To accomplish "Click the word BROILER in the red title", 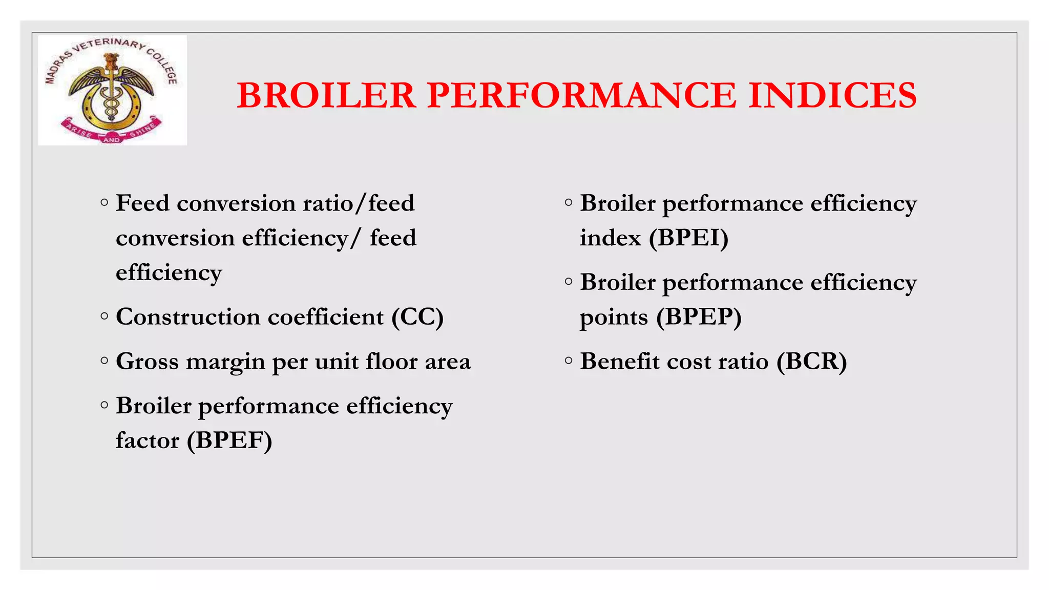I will coord(326,96).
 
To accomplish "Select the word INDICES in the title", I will coord(832,96).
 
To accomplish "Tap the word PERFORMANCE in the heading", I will coord(581,96).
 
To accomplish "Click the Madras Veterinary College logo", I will coord(112,90).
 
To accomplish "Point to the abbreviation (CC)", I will coord(417,317).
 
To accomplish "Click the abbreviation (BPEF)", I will coord(229,440).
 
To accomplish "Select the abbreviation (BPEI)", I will coord(688,238).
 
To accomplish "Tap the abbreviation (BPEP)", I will coord(699,317).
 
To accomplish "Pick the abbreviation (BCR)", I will coord(811,362).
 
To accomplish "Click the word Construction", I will coord(188,317).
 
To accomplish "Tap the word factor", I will coord(148,440).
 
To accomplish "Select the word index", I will coord(610,238).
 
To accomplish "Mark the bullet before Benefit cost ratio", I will coord(569,361).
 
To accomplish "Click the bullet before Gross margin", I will coord(104,361).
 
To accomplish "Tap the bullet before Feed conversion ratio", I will coord(104,202).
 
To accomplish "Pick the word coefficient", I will coord(325,317).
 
